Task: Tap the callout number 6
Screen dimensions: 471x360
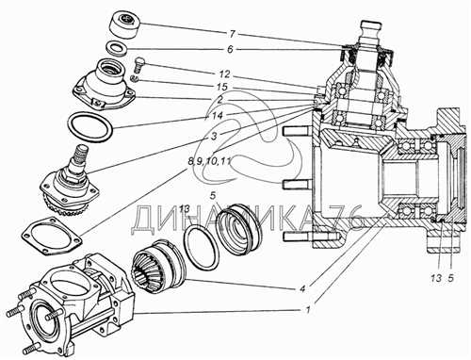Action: click(x=230, y=50)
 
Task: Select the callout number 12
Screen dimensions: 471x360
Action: click(x=224, y=74)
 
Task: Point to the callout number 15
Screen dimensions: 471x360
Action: click(x=222, y=87)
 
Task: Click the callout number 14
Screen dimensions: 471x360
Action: click(x=217, y=116)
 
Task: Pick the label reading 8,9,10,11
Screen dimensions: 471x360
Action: click(x=209, y=162)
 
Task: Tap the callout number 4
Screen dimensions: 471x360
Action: click(x=302, y=289)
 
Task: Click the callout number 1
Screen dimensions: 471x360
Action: click(x=308, y=309)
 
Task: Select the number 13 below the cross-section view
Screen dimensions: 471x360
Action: click(x=436, y=278)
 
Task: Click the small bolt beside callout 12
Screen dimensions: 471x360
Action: click(x=138, y=65)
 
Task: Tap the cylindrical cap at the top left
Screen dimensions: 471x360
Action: click(x=125, y=25)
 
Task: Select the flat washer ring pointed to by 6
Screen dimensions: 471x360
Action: click(x=116, y=48)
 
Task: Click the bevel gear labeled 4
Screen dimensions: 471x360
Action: click(x=160, y=263)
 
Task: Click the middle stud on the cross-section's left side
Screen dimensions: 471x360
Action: click(x=296, y=184)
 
